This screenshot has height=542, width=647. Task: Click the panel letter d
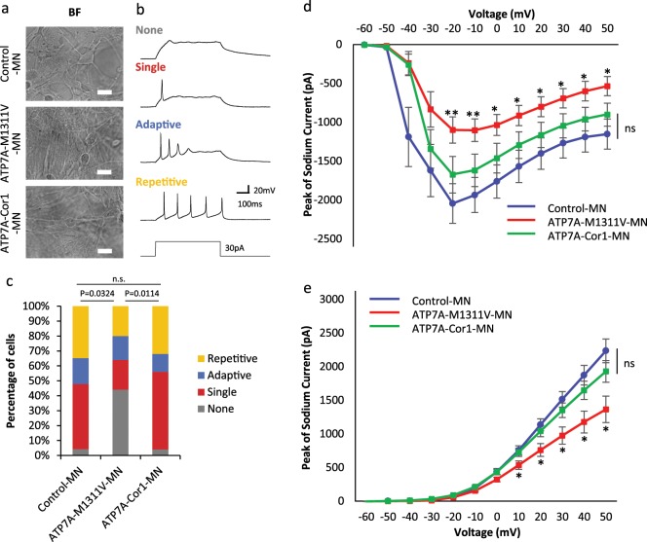(307, 9)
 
